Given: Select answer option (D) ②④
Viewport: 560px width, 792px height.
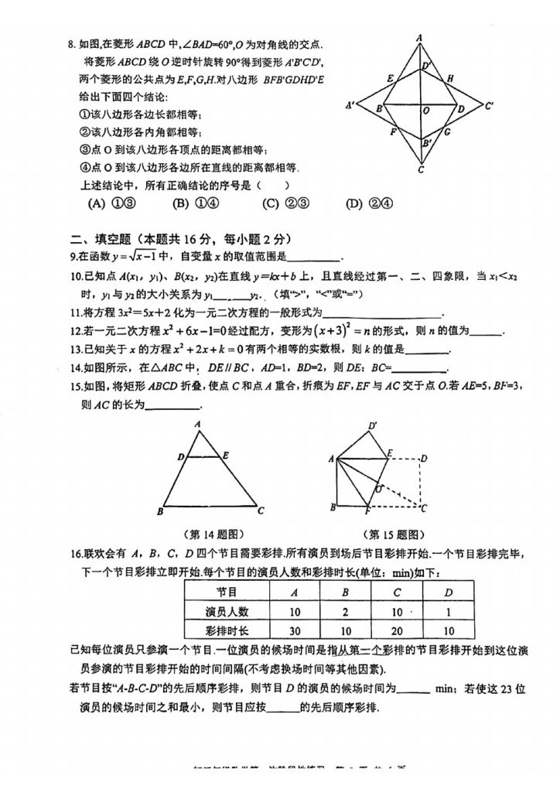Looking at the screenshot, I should click(366, 204).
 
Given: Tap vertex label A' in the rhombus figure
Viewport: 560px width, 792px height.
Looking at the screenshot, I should click(350, 105).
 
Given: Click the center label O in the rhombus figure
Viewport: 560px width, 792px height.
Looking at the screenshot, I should click(426, 111).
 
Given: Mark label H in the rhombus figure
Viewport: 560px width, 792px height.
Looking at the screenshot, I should click(450, 78).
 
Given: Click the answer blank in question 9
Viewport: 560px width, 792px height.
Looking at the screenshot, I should click(313, 258).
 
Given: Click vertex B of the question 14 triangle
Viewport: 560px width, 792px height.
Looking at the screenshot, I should click(159, 511).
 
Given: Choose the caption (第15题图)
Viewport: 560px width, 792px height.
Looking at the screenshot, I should click(394, 534).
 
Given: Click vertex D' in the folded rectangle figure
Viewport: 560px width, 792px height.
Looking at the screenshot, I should click(374, 425).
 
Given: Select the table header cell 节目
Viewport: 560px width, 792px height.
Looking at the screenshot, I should click(226, 592).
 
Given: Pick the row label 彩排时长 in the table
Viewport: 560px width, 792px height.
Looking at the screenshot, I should click(226, 630).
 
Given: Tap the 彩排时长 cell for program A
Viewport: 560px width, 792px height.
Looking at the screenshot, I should click(294, 630).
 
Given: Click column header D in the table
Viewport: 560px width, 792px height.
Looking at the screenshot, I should click(448, 592).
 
